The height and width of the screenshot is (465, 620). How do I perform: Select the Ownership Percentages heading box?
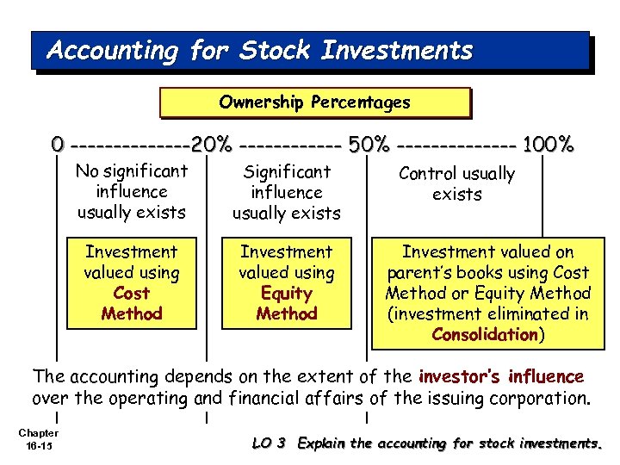click(x=314, y=102)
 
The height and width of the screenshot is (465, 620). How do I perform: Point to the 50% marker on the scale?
click(x=370, y=144)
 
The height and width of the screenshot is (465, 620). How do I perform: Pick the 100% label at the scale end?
click(x=548, y=144)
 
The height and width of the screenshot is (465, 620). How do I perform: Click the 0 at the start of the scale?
click(x=57, y=144)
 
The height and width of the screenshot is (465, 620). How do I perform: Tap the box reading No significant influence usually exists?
click(x=132, y=192)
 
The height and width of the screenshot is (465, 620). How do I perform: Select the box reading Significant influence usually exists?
click(x=287, y=192)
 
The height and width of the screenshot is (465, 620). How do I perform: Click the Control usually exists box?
click(x=456, y=183)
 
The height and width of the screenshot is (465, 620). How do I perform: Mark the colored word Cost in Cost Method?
click(x=132, y=294)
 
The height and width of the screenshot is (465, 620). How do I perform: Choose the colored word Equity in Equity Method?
click(x=287, y=294)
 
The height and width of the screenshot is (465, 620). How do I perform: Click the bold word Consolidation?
click(x=484, y=335)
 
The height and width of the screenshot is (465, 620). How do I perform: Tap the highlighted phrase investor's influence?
click(x=500, y=377)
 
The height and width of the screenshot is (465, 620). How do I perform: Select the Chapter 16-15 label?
click(x=38, y=438)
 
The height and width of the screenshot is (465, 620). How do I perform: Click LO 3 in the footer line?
click(x=270, y=443)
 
